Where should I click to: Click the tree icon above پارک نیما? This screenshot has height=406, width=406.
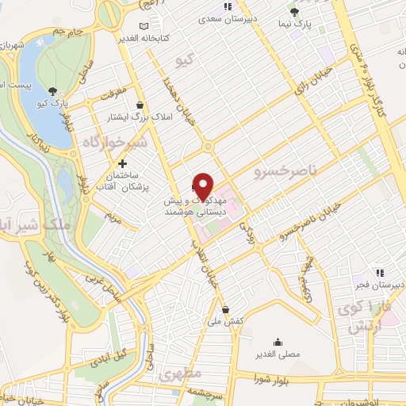294,11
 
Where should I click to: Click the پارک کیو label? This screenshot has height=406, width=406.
53,103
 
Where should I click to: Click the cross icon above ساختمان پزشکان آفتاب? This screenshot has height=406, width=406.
121,163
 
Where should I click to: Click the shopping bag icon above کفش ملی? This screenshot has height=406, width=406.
226,309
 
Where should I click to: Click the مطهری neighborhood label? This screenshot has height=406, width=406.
176,373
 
